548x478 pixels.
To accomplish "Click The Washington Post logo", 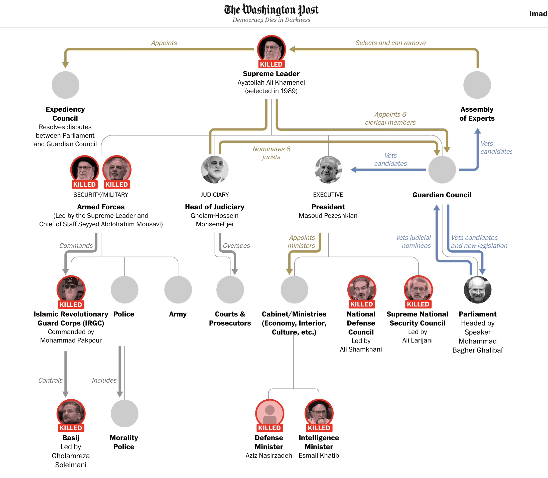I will pyautogui.click(x=271, y=10).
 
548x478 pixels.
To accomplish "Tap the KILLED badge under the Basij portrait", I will pyautogui.click(x=71, y=428).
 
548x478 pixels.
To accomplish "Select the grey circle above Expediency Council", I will pyautogui.click(x=65, y=85).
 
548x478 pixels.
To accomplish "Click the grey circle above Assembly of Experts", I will pyautogui.click(x=477, y=85).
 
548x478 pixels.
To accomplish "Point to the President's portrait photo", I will pyautogui.click(x=328, y=170).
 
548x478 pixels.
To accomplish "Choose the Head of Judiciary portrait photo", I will pyautogui.click(x=214, y=170).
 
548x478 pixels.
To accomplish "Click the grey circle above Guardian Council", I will pyautogui.click(x=442, y=170).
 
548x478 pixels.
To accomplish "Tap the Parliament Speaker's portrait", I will pyautogui.click(x=478, y=290).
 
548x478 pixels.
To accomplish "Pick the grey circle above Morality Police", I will pyautogui.click(x=124, y=413).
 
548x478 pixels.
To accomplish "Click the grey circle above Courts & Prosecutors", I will pyautogui.click(x=230, y=290).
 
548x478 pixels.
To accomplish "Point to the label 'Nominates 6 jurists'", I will pyautogui.click(x=271, y=153).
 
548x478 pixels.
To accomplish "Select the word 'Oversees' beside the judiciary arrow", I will pyautogui.click(x=236, y=246).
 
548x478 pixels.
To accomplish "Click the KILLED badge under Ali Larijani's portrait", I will pyautogui.click(x=418, y=304).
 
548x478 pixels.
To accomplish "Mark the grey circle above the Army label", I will pyautogui.click(x=178, y=290).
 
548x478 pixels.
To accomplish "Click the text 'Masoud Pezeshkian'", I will pyautogui.click(x=328, y=216).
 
